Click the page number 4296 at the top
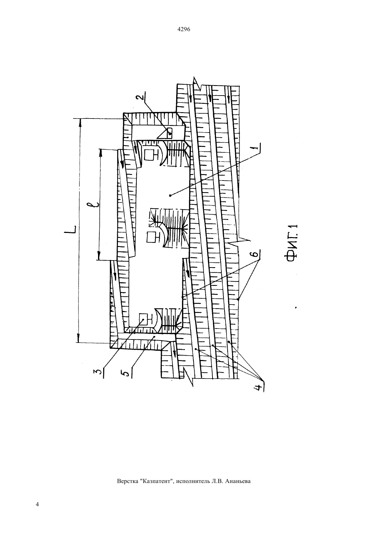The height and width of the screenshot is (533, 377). (184, 29)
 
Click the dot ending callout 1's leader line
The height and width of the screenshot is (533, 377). (170, 196)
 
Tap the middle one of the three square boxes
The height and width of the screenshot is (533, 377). (151, 238)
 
